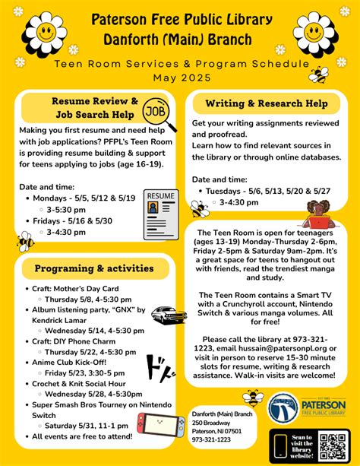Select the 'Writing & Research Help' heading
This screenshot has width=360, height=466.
pos(266,103)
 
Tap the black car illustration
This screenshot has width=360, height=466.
pos(170,314)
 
